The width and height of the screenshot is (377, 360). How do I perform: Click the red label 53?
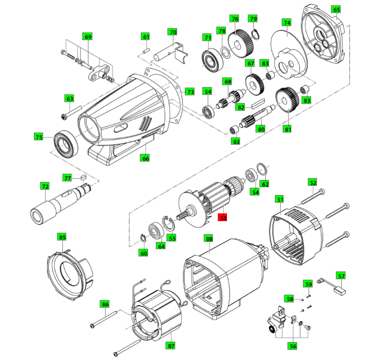pyautogui.click(x=223, y=218)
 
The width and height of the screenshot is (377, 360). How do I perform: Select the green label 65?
pyautogui.click(x=336, y=9)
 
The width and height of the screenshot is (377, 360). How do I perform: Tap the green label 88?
pyautogui.click(x=209, y=239)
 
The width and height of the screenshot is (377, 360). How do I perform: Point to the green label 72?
pyautogui.click(x=45, y=186)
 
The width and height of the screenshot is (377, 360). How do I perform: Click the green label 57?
pyautogui.click(x=342, y=276)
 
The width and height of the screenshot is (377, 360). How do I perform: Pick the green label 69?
pyautogui.click(x=88, y=37)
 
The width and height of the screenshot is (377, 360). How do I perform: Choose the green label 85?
pyautogui.click(x=62, y=237)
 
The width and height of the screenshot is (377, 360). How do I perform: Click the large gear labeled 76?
pyautogui.click(x=241, y=44)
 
